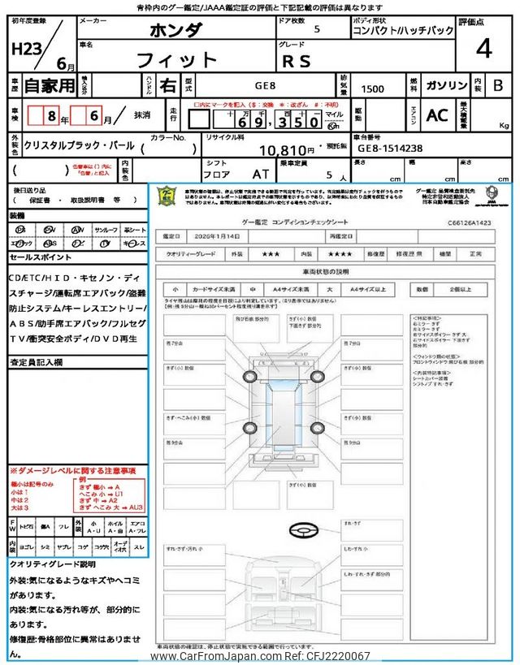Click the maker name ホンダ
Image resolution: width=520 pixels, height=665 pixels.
174,31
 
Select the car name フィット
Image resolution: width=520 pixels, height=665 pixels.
178,60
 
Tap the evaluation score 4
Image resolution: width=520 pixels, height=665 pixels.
483,49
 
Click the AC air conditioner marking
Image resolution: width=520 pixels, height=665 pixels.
436,115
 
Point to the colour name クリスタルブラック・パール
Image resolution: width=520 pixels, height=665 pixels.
78,149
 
